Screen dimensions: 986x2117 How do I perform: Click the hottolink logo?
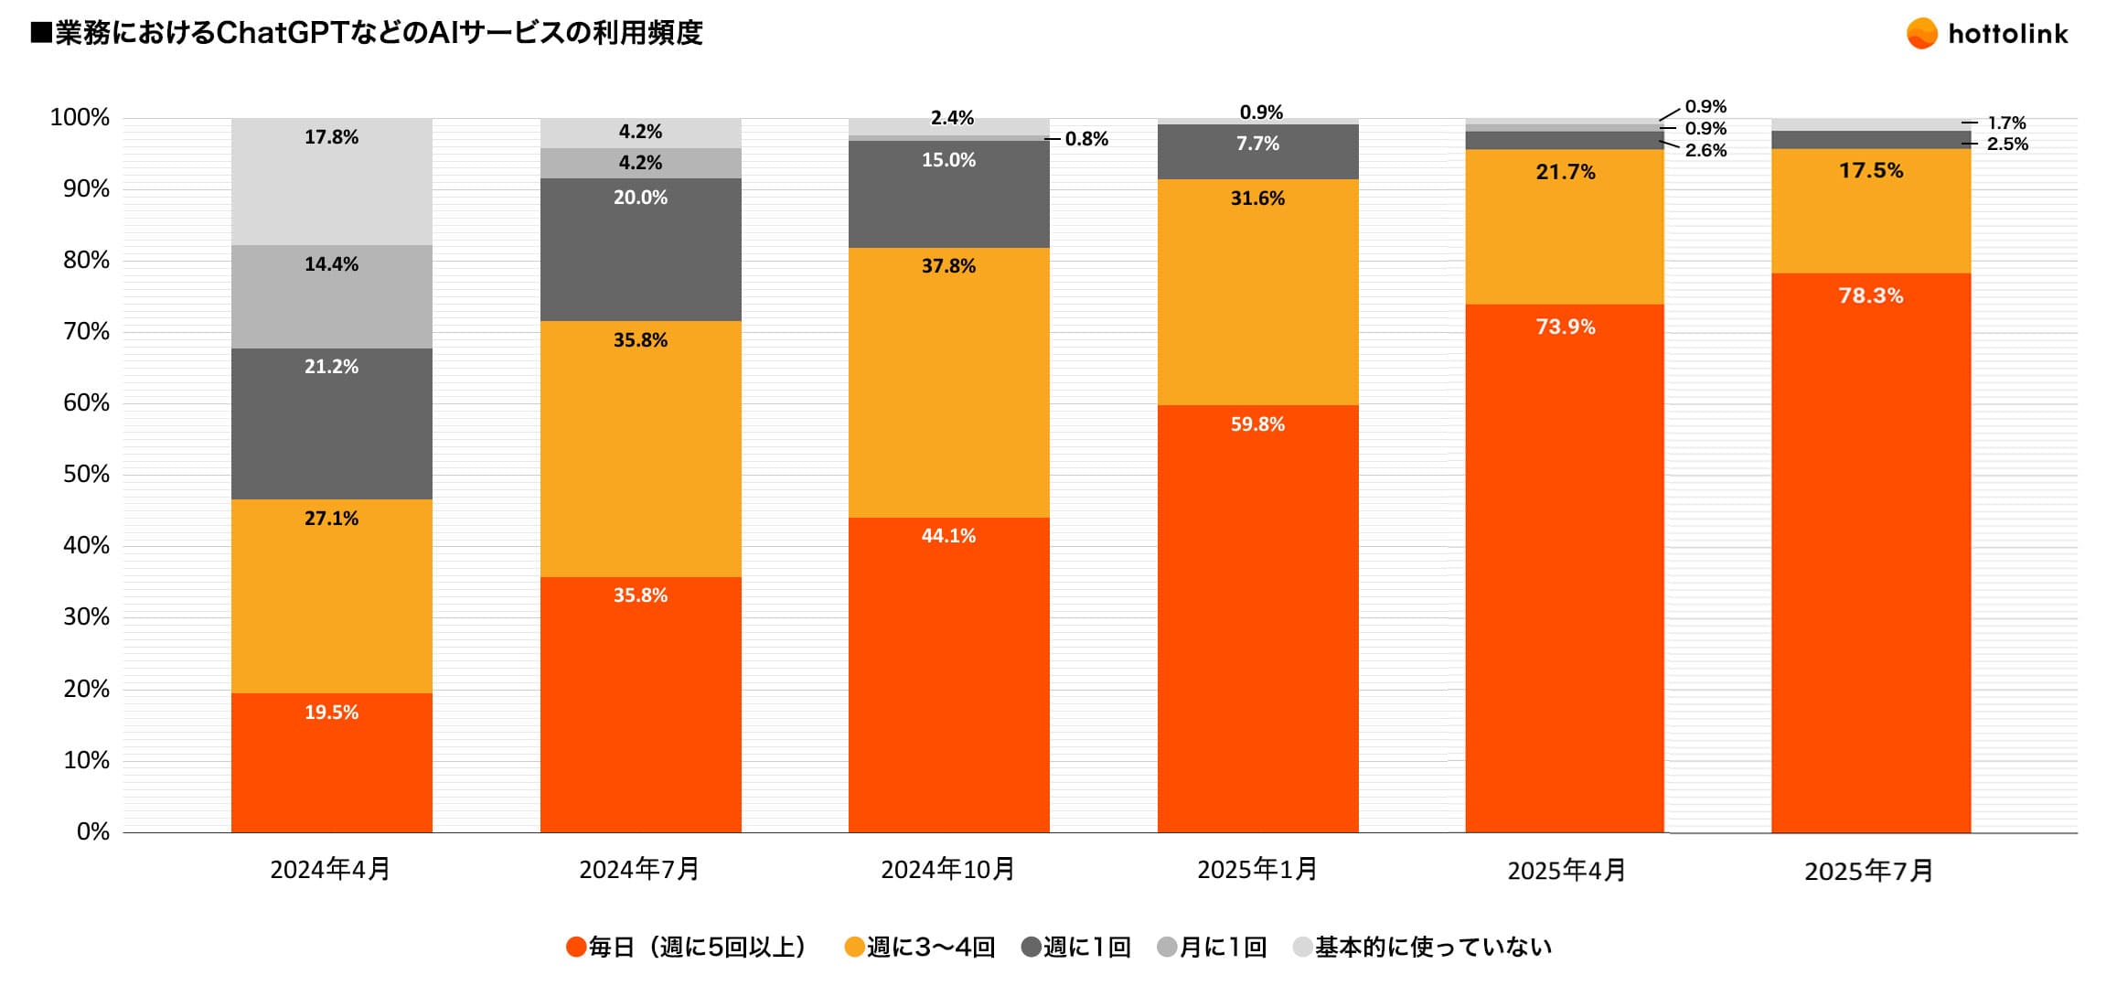[x=1986, y=34]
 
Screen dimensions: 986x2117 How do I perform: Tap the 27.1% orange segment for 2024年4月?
[x=331, y=595]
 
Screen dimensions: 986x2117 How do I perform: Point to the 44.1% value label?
[x=948, y=536]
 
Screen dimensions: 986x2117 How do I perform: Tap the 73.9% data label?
[x=1565, y=327]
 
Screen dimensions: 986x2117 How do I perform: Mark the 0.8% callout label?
[x=1086, y=140]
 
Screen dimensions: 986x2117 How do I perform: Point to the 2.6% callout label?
[x=1705, y=151]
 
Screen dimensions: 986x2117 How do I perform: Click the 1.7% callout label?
[x=2006, y=123]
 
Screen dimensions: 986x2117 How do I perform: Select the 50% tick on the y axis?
[x=86, y=475]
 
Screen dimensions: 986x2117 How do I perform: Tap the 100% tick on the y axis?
[x=80, y=118]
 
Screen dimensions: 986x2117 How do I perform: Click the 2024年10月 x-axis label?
[x=947, y=869]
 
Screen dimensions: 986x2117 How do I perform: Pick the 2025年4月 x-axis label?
[x=1566, y=871]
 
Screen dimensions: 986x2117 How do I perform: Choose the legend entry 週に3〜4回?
[x=920, y=948]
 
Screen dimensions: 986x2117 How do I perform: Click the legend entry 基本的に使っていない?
[x=1423, y=948]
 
